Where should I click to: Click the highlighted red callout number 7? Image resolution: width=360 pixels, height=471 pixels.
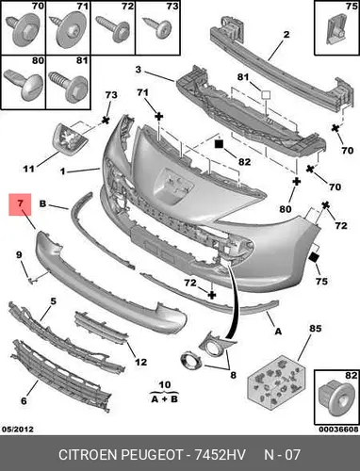20,203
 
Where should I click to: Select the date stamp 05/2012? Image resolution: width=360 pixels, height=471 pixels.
18,429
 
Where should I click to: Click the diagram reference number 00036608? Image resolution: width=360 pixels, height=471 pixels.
338,429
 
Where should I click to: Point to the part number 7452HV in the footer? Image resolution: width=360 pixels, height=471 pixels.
220,454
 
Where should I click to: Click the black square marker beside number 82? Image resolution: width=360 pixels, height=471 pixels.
219,144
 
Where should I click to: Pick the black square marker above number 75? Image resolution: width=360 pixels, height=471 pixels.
314,257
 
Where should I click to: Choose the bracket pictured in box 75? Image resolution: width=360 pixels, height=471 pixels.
336,29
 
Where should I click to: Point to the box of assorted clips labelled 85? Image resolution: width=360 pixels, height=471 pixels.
276,380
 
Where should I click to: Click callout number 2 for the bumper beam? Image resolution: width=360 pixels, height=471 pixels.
286,34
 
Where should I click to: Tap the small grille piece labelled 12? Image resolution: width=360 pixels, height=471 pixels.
102,327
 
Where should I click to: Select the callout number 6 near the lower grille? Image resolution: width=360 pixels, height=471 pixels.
24,400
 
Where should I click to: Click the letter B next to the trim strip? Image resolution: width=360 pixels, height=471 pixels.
42,203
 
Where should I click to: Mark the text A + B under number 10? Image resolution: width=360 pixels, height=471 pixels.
164,398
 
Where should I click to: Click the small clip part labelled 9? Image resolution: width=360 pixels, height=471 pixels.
33,281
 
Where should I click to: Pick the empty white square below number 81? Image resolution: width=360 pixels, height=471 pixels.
267,95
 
